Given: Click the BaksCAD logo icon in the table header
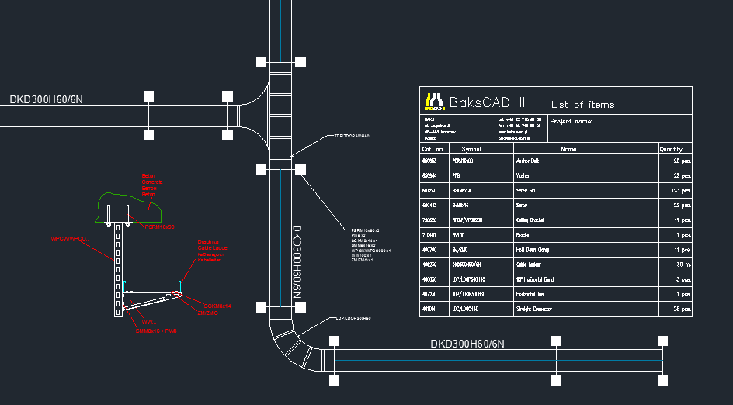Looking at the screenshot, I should pos(433,101).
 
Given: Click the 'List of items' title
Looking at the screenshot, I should pos(582,105).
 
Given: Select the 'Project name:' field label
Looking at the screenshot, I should pos(571,122).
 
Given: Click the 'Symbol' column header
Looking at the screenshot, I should pos(471,148).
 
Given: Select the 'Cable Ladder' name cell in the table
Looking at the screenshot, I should pos(528,265).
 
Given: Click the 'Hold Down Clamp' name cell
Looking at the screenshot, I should pos(532,250).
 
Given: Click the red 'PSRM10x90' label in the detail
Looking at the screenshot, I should pos(159,227).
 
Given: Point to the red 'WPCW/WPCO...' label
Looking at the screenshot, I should pos(70,238).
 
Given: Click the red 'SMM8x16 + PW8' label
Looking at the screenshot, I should pos(156,331).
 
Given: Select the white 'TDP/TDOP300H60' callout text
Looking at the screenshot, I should pos(352,136).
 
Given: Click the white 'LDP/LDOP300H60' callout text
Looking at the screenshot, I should pos(354,319).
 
